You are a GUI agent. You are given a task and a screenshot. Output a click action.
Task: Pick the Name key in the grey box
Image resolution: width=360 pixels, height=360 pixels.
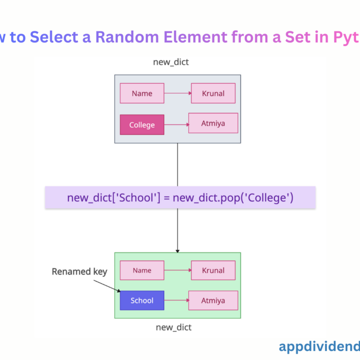(142, 93)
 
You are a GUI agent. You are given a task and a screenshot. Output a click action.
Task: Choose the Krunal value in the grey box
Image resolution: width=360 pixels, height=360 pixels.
(213, 93)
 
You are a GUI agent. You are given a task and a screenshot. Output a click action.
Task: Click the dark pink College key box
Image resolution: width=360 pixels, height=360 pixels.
(142, 125)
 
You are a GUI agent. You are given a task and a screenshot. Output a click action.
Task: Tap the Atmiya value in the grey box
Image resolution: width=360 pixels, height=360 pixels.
(213, 123)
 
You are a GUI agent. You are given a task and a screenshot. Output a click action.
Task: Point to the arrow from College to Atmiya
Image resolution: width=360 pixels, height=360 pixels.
(176, 124)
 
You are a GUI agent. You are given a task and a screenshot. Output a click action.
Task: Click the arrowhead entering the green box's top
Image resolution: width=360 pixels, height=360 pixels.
(178, 250)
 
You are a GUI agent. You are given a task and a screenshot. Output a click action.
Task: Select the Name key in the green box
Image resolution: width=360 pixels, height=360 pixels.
(142, 270)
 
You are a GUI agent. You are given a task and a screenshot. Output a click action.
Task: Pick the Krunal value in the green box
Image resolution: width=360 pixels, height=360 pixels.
(213, 270)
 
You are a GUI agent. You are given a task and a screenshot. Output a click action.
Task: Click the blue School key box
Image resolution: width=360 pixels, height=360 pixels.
(142, 300)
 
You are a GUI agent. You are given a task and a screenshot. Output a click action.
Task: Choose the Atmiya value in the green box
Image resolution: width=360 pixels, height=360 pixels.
(213, 300)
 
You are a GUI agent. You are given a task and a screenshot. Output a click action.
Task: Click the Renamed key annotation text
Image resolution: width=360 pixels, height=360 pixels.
(79, 272)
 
